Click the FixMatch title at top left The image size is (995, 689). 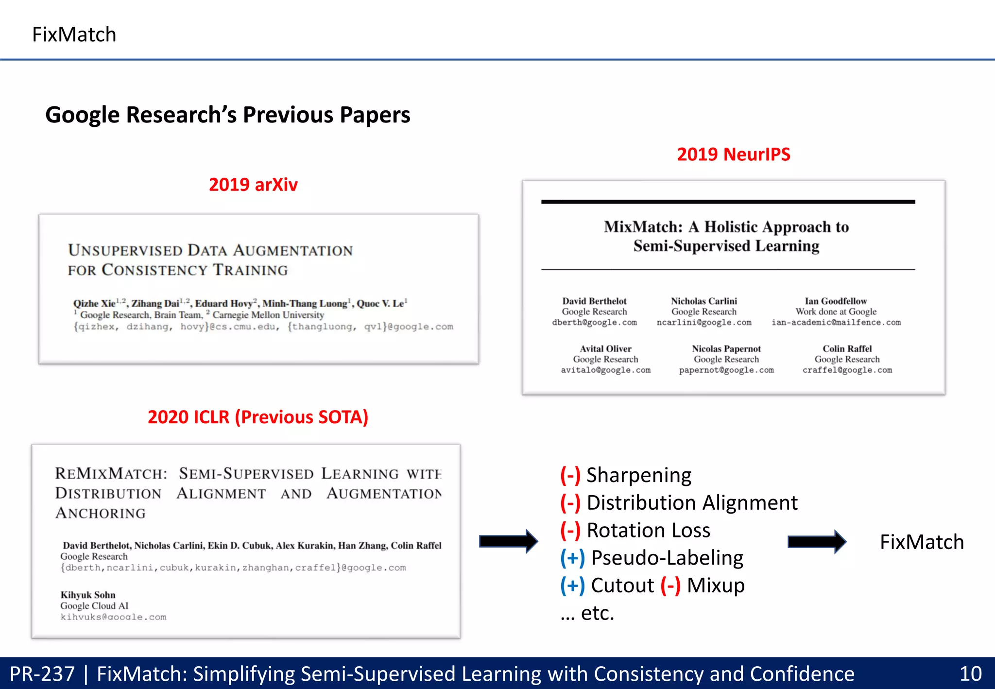74,34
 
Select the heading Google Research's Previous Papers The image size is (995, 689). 227,115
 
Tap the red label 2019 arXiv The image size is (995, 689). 253,185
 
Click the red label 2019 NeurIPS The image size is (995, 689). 733,155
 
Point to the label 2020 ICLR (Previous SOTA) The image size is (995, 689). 257,417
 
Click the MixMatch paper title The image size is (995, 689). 726,236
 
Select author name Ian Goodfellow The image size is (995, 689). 835,301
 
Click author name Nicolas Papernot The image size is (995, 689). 726,349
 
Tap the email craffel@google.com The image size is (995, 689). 847,370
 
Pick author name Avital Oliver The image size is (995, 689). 605,349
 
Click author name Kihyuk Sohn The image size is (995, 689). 88,595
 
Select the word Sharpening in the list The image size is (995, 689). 638,475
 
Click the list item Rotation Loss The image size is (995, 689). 648,530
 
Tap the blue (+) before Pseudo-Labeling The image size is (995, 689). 572,558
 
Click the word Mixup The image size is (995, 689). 715,586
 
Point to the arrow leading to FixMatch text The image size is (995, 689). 816,542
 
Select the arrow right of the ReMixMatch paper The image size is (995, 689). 508,541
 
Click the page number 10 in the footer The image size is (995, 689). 970,674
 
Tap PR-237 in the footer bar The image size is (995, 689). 42,674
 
